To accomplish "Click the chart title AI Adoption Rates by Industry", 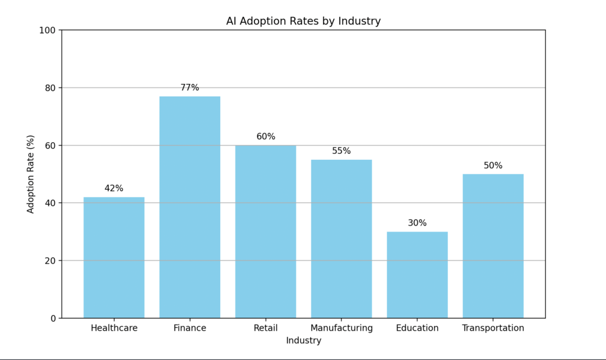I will (x=303, y=21).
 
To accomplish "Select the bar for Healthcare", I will (x=114, y=258).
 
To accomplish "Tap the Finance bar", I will (x=189, y=207).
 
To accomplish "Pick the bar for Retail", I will (x=266, y=232).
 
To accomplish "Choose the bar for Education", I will (x=417, y=275).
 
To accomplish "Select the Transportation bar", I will (x=493, y=246).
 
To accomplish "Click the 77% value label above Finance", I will (x=189, y=88).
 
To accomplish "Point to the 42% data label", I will (x=114, y=188).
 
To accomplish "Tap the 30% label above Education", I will (x=417, y=223).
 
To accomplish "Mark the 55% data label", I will (x=341, y=151).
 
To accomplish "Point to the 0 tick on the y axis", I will (x=53, y=318).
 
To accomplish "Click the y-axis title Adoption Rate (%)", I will (x=31, y=174).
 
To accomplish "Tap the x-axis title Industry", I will (x=303, y=340).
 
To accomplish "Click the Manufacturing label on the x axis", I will (x=341, y=328).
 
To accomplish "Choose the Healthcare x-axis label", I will (x=114, y=328).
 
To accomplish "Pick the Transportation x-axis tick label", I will (x=493, y=328).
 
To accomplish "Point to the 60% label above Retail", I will (x=266, y=137).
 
